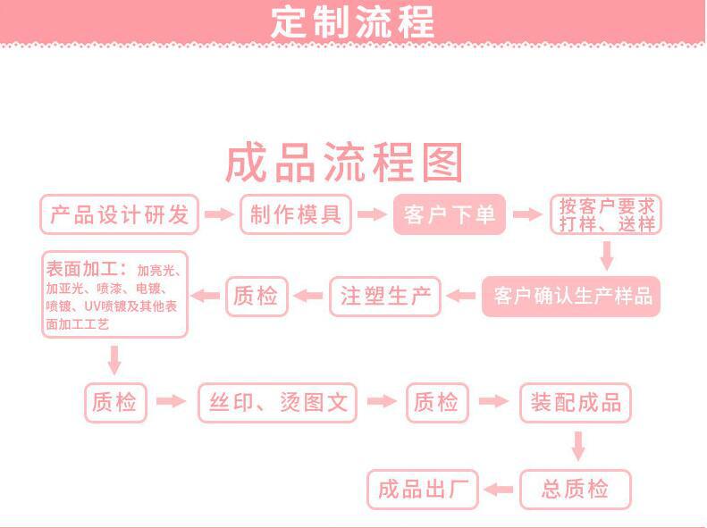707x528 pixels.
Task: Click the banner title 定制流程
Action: (352, 21)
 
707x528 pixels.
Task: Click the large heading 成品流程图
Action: (344, 163)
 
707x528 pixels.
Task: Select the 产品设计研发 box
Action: (119, 215)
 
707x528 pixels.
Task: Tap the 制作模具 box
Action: (295, 215)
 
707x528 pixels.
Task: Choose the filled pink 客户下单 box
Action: (450, 215)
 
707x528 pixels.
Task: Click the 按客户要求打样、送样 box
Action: (606, 215)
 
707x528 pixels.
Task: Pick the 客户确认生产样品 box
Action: (571, 297)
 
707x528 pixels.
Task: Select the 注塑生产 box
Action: (385, 297)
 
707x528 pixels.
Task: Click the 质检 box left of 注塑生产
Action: (257, 297)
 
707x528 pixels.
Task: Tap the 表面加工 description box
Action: (114, 295)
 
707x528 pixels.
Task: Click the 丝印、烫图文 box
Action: (277, 402)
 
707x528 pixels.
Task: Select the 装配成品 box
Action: (576, 402)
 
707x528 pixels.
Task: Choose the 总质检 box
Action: (576, 490)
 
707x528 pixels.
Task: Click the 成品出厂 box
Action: (423, 490)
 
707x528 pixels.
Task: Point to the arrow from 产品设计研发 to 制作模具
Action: (218, 215)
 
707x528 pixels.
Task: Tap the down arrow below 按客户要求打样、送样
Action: (606, 256)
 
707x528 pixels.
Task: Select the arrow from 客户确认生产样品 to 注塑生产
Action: (461, 297)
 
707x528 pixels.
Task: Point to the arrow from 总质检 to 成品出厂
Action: (499, 490)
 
